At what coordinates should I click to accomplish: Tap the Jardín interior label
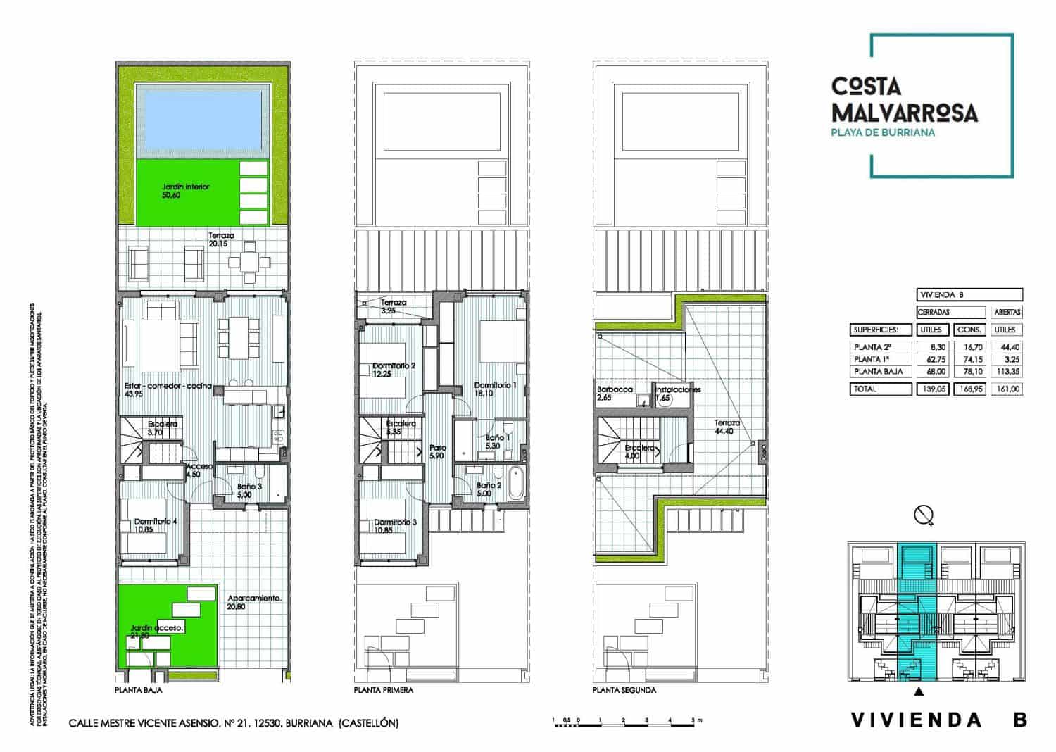[x=186, y=187]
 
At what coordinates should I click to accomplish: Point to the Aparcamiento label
[x=254, y=599]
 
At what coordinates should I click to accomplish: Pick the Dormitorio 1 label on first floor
[x=496, y=386]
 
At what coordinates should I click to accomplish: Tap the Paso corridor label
[x=438, y=448]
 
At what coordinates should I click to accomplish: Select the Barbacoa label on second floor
[x=615, y=389]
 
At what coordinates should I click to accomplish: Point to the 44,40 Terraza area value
[x=724, y=431]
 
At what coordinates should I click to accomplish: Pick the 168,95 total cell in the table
[x=969, y=389]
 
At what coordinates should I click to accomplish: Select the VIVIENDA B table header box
[x=969, y=295]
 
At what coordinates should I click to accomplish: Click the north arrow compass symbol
[x=924, y=515]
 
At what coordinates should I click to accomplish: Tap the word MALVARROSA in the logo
[x=904, y=112]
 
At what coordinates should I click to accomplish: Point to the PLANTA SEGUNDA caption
[x=624, y=691]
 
